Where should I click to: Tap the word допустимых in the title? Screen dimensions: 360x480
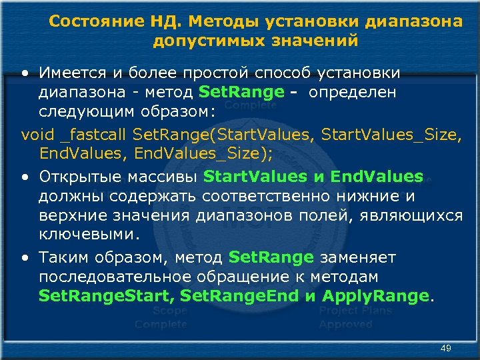203,41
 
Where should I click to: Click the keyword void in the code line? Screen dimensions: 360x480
37,135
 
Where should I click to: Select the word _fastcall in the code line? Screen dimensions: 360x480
94,135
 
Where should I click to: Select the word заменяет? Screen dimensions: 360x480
358,257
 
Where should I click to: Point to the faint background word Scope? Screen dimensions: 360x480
169,311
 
